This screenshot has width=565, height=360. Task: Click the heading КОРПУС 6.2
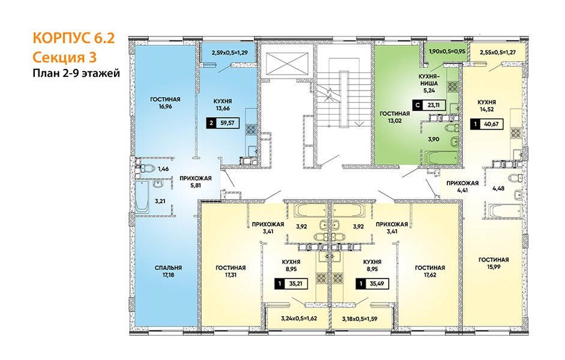click(73, 38)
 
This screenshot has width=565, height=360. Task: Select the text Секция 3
click(64, 57)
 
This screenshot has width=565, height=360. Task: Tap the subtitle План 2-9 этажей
click(76, 73)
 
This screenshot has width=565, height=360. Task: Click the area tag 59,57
click(223, 123)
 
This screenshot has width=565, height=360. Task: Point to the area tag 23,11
click(429, 106)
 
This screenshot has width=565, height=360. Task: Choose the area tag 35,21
click(291, 284)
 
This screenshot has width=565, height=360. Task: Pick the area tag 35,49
click(373, 284)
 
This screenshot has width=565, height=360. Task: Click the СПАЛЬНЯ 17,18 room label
click(168, 271)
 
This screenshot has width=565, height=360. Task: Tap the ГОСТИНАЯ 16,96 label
click(165, 103)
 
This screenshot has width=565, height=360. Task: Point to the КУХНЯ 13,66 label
click(222, 105)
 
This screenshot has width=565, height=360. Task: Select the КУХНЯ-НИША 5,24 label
click(428, 83)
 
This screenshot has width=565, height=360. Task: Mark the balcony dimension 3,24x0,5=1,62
click(299, 318)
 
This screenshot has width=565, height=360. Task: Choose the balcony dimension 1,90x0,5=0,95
click(447, 51)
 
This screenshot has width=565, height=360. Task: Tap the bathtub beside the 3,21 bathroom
click(142, 196)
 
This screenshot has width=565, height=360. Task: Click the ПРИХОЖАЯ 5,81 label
click(195, 182)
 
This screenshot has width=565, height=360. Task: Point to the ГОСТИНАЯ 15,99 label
click(494, 263)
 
